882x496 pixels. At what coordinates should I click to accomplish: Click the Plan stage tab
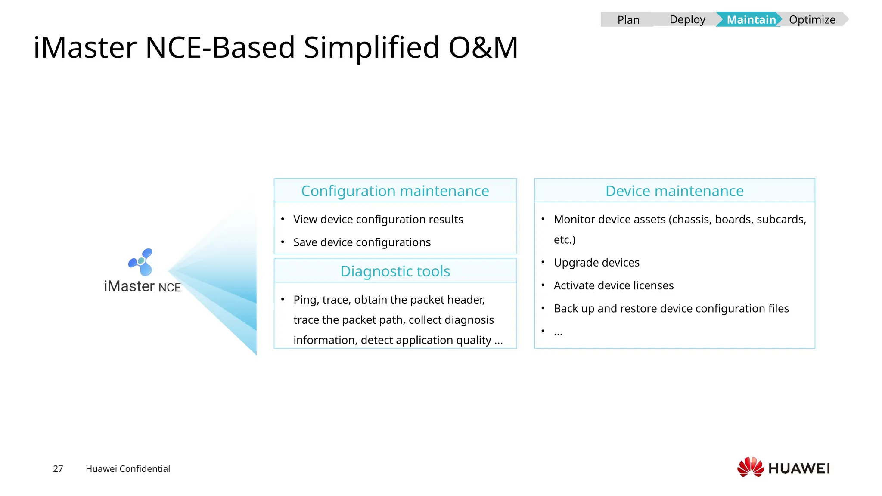tap(628, 20)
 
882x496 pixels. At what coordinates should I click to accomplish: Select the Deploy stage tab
tap(687, 20)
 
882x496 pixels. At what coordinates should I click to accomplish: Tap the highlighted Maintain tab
tap(751, 20)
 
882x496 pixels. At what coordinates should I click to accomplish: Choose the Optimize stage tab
tap(812, 20)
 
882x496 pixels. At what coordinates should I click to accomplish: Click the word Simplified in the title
tap(371, 47)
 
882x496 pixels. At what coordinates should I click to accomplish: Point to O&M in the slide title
tap(483, 47)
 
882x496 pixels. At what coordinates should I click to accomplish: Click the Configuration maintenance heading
tap(395, 191)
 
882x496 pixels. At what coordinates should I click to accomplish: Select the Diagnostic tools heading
tap(395, 271)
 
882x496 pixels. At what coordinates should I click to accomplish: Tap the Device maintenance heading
tap(674, 191)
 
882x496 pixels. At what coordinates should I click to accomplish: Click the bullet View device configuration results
tap(378, 220)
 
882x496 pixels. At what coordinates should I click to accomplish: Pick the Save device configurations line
tap(362, 242)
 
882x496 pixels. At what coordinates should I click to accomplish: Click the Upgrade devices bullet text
tap(596, 263)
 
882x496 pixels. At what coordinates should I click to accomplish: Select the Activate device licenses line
tap(613, 285)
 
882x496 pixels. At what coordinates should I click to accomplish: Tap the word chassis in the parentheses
tap(690, 220)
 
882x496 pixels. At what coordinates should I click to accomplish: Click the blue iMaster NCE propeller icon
tap(142, 261)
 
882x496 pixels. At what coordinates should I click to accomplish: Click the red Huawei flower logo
tap(750, 467)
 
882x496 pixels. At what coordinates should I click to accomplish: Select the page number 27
tap(58, 469)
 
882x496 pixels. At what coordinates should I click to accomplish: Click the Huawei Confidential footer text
tap(127, 469)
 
